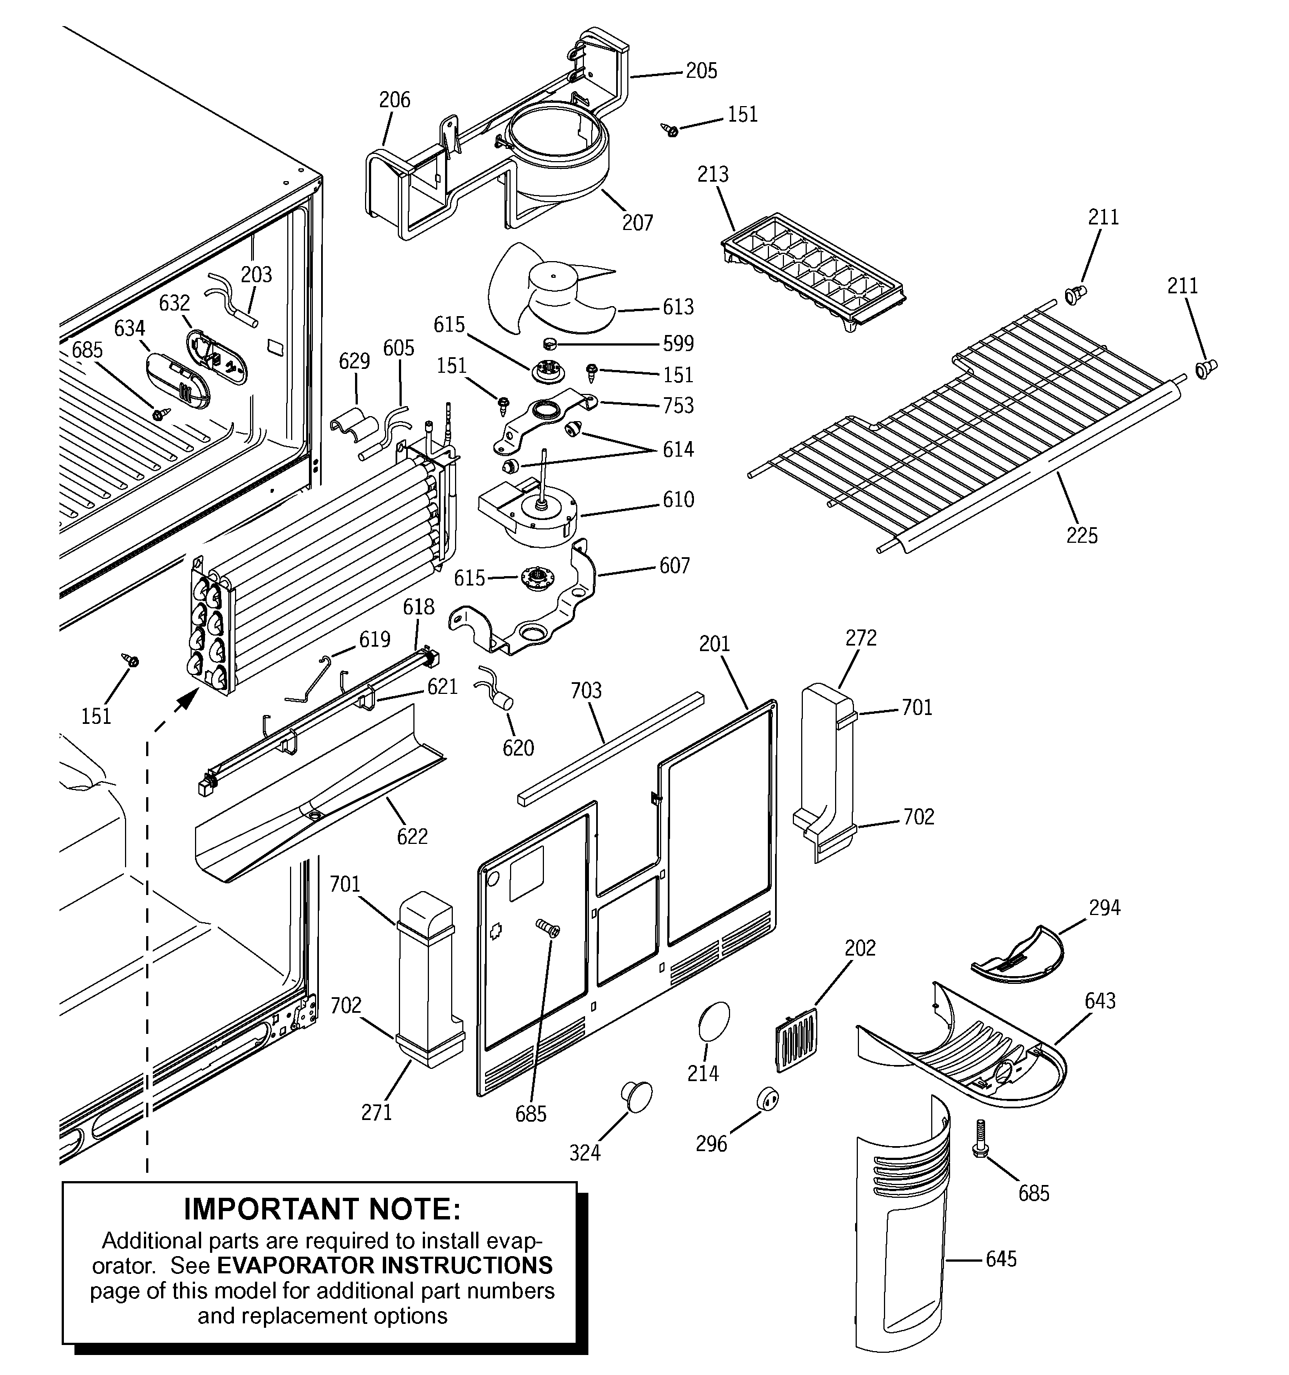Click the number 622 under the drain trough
tap(412, 836)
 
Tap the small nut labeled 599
tap(550, 343)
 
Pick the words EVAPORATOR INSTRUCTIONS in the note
tap(384, 1265)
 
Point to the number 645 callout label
tap(1001, 1259)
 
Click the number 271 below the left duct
tap(376, 1112)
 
